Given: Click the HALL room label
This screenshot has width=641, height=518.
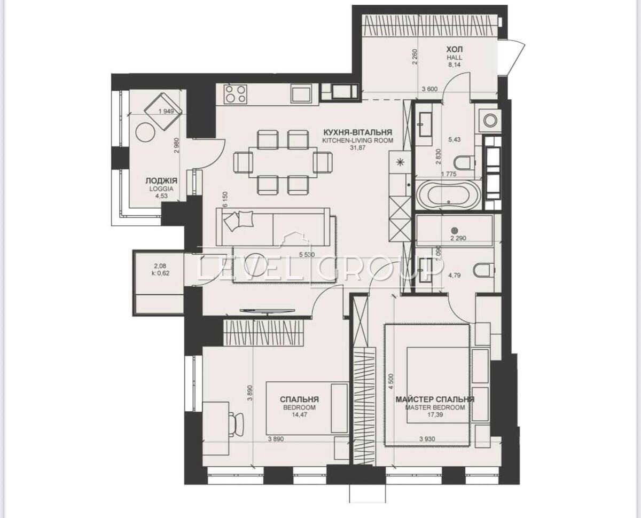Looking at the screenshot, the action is [x=454, y=58].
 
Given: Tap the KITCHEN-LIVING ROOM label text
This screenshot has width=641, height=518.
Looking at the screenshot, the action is [x=357, y=140].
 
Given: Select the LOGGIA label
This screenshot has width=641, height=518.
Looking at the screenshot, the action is [x=161, y=189].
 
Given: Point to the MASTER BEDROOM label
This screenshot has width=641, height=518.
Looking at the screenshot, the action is [x=435, y=407].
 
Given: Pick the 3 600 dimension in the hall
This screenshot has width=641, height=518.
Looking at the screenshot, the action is [x=430, y=89].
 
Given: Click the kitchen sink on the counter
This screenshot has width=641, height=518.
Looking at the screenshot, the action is [x=301, y=95].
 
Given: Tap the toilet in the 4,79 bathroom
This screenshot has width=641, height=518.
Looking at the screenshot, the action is [x=483, y=270].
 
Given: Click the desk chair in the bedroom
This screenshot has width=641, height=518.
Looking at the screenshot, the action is [x=237, y=425].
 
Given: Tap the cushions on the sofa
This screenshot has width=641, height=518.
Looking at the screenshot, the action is [x=238, y=220].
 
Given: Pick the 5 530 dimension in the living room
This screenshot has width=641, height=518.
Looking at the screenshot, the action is [x=307, y=255].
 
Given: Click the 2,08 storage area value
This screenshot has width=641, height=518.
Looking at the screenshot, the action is [x=160, y=266].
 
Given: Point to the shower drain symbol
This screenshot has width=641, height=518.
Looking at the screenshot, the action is [x=455, y=231].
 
